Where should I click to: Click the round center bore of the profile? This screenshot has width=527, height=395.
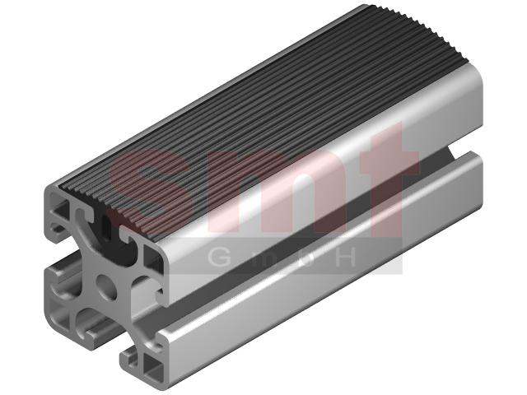coord(106,287)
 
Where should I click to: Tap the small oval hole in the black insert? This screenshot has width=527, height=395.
coord(106,227)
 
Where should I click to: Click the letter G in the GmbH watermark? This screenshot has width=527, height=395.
coord(219,258)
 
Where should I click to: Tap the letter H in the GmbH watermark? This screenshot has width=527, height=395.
coord(346,258)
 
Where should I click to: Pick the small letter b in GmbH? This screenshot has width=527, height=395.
coord(305,258)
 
